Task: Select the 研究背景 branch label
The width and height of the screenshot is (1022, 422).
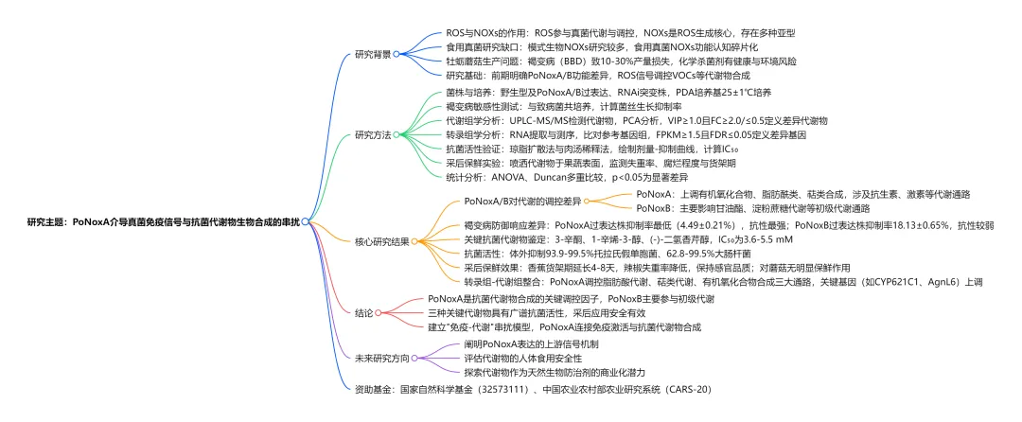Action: point(372,54)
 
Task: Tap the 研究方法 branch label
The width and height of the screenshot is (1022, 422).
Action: point(372,134)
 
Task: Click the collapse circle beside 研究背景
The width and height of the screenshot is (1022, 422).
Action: point(397,54)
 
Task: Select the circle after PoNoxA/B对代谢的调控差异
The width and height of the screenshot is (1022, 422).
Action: point(590,201)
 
